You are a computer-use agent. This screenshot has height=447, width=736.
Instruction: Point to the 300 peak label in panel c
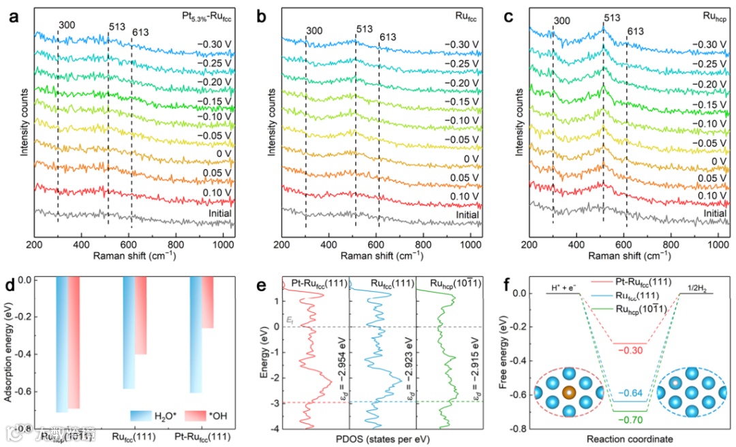(561, 20)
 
